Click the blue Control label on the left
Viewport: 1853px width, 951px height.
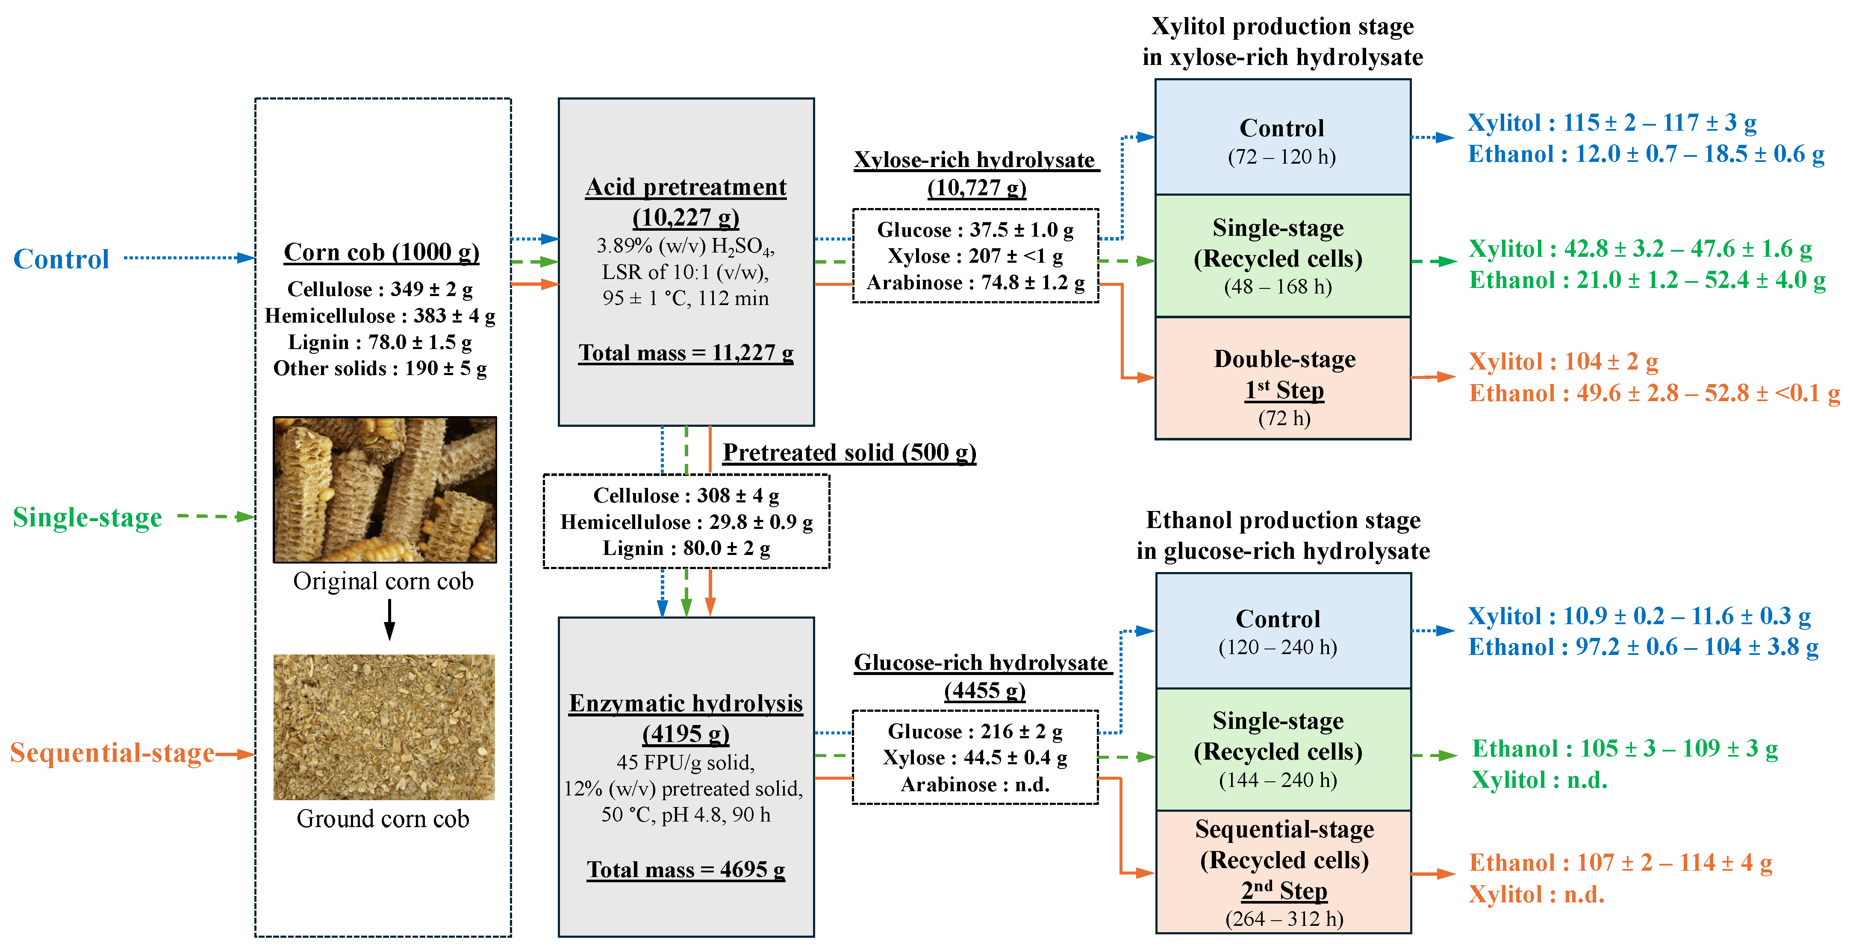tap(61, 259)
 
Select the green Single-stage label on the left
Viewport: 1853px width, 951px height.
tap(87, 517)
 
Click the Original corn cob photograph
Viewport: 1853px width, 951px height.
tap(384, 489)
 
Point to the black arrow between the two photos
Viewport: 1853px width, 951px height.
tap(389, 619)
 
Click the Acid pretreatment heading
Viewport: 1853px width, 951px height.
tap(686, 187)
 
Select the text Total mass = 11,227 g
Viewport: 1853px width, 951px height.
tap(686, 353)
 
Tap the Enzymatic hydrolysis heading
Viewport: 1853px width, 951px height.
tap(686, 703)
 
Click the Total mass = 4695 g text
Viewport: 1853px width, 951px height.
tap(686, 870)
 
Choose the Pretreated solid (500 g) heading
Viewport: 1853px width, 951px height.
tap(849, 452)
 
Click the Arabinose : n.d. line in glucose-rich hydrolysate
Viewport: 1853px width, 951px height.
tap(975, 784)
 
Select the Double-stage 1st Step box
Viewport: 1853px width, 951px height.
tap(1283, 379)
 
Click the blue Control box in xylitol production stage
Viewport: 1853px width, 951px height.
tap(1282, 137)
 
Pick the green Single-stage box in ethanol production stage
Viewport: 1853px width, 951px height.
tap(1282, 750)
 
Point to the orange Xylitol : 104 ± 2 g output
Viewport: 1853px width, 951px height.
tap(1563, 361)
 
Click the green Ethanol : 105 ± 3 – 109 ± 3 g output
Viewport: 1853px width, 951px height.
tap(1624, 748)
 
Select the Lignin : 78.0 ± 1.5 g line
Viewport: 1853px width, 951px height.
tap(380, 342)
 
